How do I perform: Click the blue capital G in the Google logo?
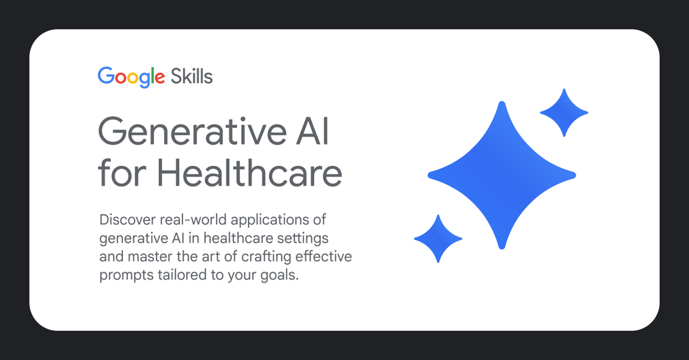(106, 76)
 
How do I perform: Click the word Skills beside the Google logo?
(192, 76)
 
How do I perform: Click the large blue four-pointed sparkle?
(501, 175)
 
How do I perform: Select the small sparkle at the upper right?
(564, 113)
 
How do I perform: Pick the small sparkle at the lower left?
(438, 238)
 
